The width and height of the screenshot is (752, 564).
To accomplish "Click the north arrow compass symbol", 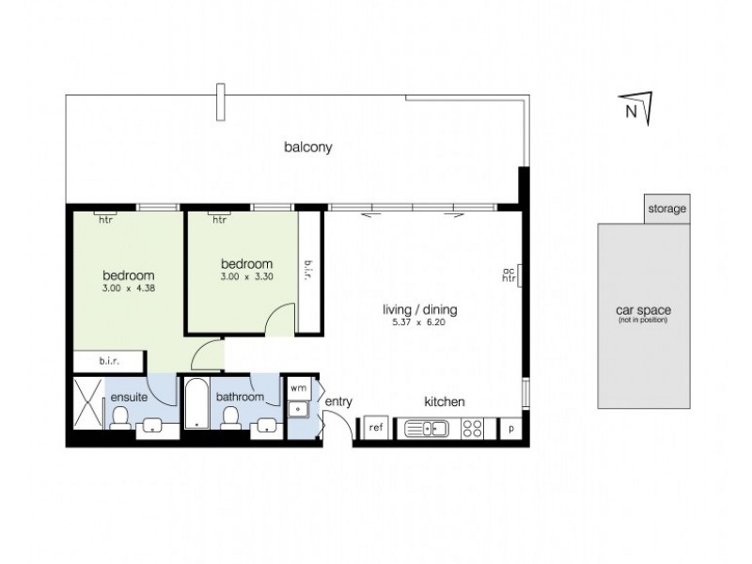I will (638, 107).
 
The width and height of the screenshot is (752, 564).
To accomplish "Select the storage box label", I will (667, 209).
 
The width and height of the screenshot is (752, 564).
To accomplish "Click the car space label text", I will (643, 311).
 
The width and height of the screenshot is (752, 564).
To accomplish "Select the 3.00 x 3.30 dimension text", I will (246, 276).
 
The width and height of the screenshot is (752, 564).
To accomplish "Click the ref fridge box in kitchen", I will (376, 428).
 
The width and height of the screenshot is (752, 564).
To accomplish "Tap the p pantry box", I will (511, 428).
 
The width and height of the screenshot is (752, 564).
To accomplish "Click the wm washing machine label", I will (298, 387).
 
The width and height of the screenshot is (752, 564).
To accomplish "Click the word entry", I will (338, 402).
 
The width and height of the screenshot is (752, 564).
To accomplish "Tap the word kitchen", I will (445, 401).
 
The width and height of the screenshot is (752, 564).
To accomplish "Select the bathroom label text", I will (240, 398).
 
